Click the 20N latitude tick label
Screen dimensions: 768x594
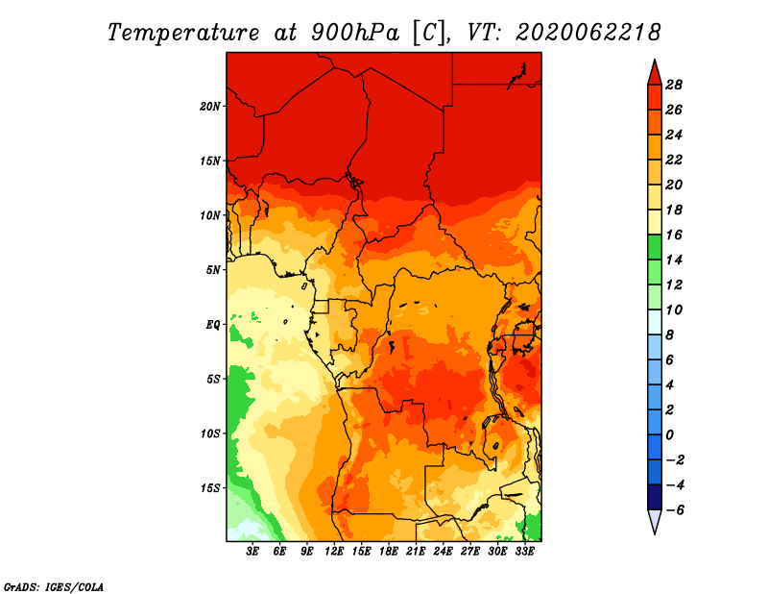pyautogui.click(x=210, y=107)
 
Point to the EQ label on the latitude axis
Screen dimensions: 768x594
pyautogui.click(x=213, y=325)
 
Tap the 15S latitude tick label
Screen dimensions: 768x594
pyautogui.click(x=210, y=488)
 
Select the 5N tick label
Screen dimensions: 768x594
pyautogui.click(x=213, y=270)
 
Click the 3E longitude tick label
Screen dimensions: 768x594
pyautogui.click(x=252, y=551)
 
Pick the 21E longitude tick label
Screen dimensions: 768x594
pyautogui.click(x=416, y=551)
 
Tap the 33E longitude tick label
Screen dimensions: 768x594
pyautogui.click(x=524, y=551)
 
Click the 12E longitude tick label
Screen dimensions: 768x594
pyautogui.click(x=333, y=551)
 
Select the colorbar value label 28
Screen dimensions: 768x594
pyautogui.click(x=674, y=85)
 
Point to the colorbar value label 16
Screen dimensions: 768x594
pyautogui.click(x=674, y=235)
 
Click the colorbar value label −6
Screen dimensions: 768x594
pyautogui.click(x=674, y=510)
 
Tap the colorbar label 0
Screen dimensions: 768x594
pyautogui.click(x=669, y=435)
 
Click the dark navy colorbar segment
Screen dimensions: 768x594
pyautogui.click(x=655, y=497)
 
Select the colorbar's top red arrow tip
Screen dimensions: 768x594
pyautogui.click(x=655, y=60)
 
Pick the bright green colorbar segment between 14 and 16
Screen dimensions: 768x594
pyautogui.click(x=655, y=247)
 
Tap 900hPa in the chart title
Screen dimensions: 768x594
pyautogui.click(x=354, y=33)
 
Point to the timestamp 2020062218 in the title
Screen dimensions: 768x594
pyautogui.click(x=588, y=33)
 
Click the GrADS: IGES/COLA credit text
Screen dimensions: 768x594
pyautogui.click(x=54, y=587)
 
